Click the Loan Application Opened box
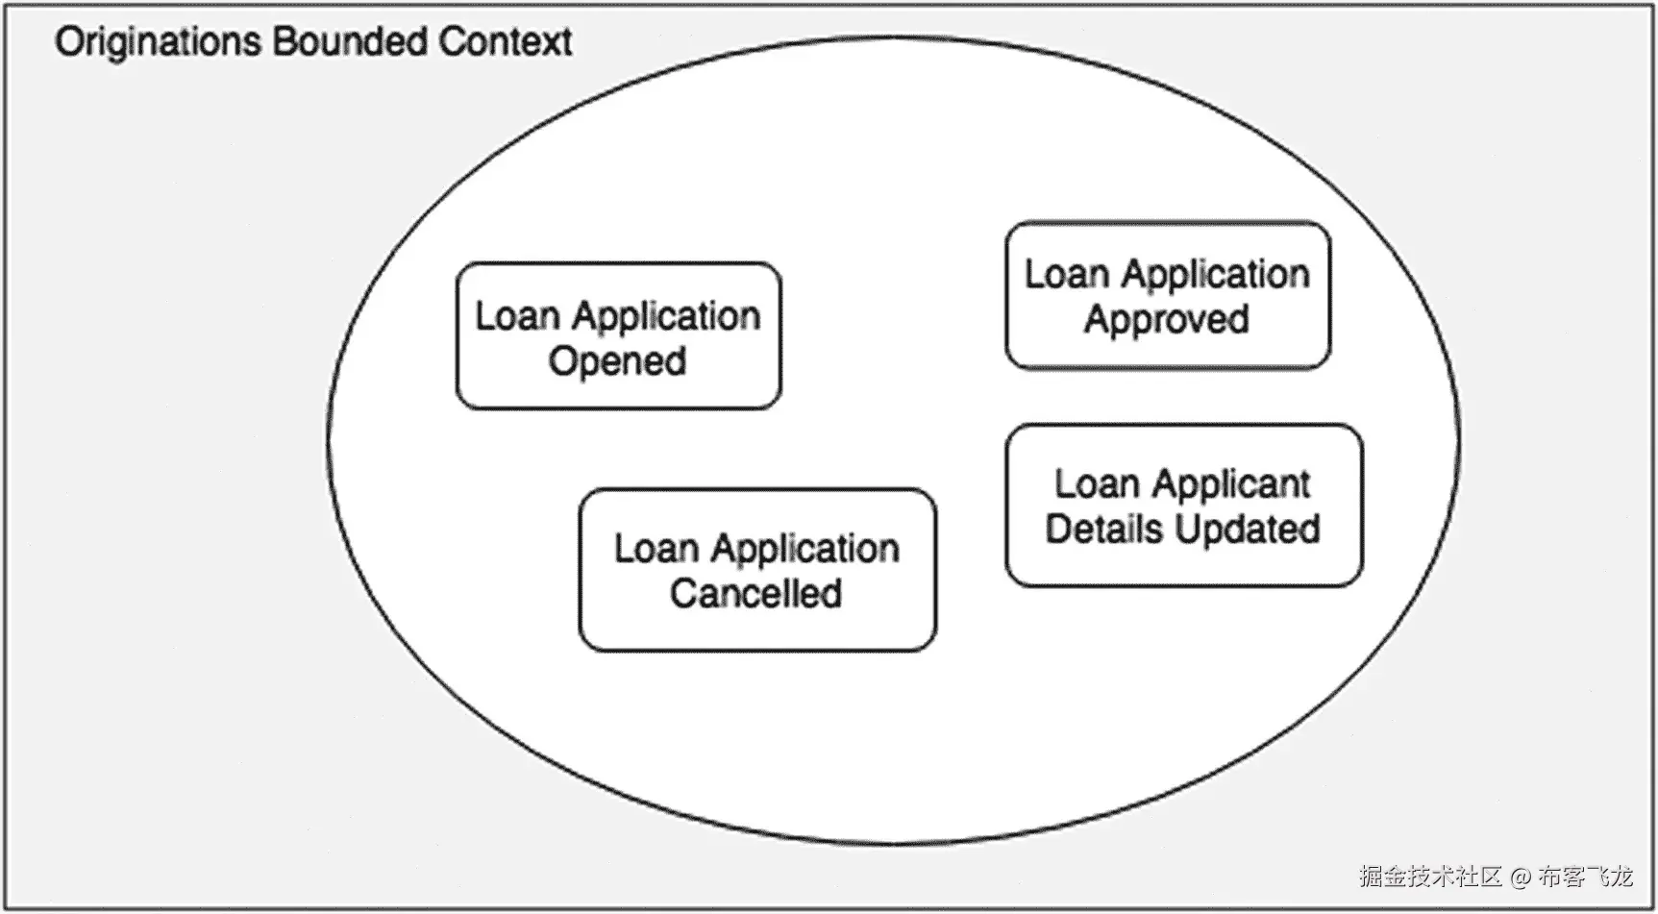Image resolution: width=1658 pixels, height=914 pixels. [x=618, y=336]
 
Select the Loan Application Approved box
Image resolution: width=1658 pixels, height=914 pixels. [x=1168, y=295]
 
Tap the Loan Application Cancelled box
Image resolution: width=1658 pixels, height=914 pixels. [x=757, y=570]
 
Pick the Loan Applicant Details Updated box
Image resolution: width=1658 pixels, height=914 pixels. [x=1184, y=506]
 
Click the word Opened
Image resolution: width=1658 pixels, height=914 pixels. [x=617, y=362]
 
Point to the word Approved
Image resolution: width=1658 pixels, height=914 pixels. [x=1167, y=320]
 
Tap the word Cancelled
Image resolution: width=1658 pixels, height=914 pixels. [x=756, y=593]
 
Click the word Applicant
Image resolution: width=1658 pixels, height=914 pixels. [x=1231, y=484]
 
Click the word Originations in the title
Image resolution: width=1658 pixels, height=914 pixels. [x=159, y=42]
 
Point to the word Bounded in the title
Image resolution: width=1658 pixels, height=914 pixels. [x=350, y=41]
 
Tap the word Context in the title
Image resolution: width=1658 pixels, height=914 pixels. [x=506, y=41]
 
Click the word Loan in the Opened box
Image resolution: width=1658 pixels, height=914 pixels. [x=517, y=316]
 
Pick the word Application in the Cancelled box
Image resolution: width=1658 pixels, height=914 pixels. [x=805, y=550]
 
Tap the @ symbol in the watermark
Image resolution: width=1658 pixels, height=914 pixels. [x=1520, y=877]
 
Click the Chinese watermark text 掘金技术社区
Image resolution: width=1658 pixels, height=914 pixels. [x=1430, y=877]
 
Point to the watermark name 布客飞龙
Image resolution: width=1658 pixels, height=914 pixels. [x=1585, y=877]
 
